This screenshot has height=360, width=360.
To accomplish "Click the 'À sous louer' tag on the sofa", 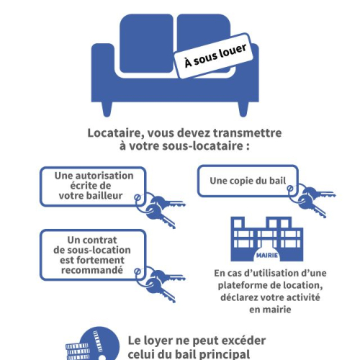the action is click(x=213, y=55).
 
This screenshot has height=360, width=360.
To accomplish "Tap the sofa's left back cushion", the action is click(x=146, y=43).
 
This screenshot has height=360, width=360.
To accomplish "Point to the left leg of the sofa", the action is click(x=107, y=109).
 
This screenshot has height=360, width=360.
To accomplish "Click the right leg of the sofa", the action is click(x=243, y=109).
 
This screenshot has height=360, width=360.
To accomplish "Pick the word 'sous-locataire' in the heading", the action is click(x=202, y=146).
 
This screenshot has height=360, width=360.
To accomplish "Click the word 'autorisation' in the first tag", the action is click(x=104, y=176).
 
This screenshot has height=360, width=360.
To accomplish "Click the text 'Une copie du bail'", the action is click(x=248, y=181).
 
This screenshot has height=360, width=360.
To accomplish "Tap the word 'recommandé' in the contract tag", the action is click(x=92, y=270).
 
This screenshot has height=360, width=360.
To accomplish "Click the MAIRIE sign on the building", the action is click(x=267, y=256).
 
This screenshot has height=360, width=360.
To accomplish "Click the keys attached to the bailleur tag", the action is click(x=160, y=209).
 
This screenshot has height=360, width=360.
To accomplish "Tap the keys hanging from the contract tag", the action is click(x=160, y=283).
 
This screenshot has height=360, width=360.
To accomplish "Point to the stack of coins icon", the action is click(x=77, y=352).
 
